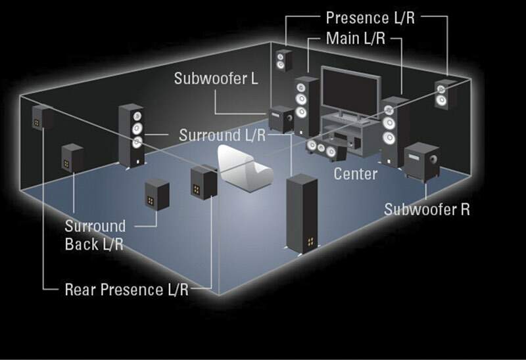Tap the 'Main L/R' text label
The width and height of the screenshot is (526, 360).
[x=356, y=39]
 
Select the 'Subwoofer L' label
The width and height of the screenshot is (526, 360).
[x=216, y=79]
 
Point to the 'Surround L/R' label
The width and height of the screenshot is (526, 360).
[x=222, y=135]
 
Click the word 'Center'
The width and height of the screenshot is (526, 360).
[x=355, y=174]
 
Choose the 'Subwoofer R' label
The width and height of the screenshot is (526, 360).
[x=427, y=210]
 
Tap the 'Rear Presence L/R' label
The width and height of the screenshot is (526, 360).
[x=126, y=289]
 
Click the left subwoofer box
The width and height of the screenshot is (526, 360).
[x=282, y=118]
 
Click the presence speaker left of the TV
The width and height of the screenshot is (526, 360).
[x=283, y=62]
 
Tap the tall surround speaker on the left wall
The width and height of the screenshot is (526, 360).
[x=131, y=135]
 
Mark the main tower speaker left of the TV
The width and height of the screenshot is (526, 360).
[x=306, y=108]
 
